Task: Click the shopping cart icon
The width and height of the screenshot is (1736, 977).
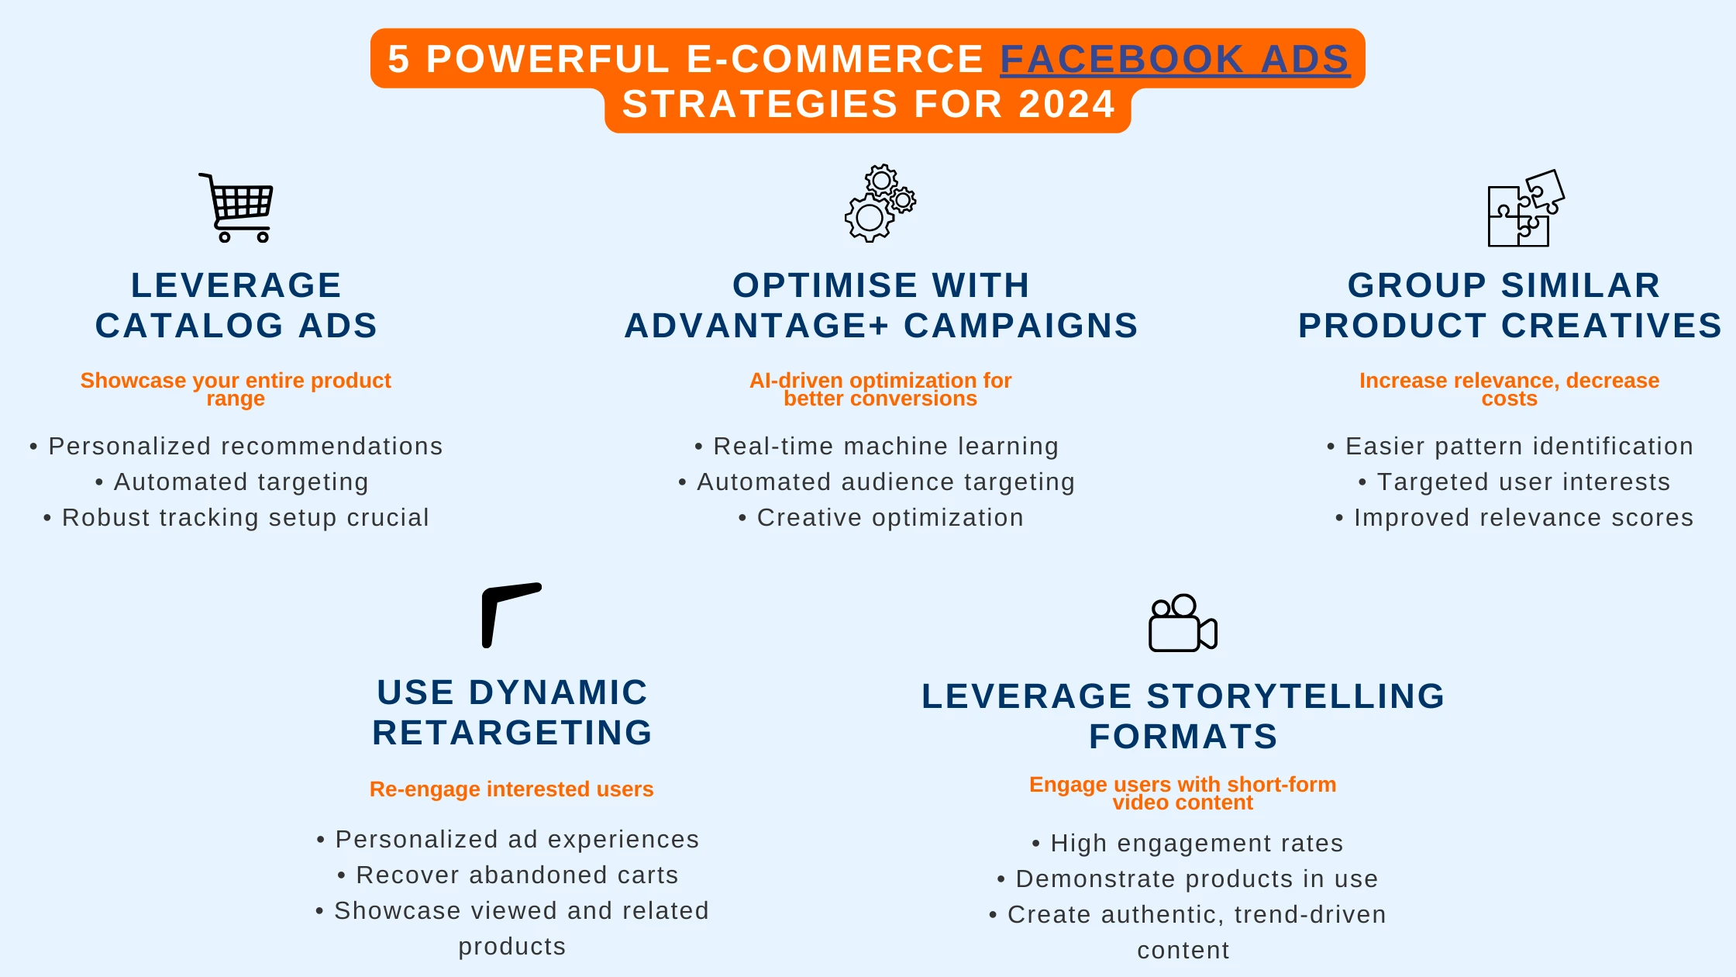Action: pos(236,208)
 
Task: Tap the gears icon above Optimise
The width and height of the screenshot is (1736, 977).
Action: pos(880,203)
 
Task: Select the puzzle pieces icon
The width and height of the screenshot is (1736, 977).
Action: pos(1525,208)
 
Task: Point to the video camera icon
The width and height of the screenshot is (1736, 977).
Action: pos(1183,623)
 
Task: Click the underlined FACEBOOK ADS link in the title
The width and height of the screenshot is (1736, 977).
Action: pos(1175,60)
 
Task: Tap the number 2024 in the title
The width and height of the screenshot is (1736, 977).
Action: pos(1067,104)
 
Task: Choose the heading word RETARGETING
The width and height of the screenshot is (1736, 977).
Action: pos(512,733)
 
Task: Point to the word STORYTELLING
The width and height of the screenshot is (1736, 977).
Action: pos(1296,696)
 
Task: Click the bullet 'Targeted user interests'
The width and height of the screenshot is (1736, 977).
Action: pos(1514,482)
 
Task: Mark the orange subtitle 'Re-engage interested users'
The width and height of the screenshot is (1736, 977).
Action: pos(511,789)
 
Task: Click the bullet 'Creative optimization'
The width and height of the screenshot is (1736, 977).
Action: pos(881,518)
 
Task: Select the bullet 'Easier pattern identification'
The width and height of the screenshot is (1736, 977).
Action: pos(1510,447)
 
